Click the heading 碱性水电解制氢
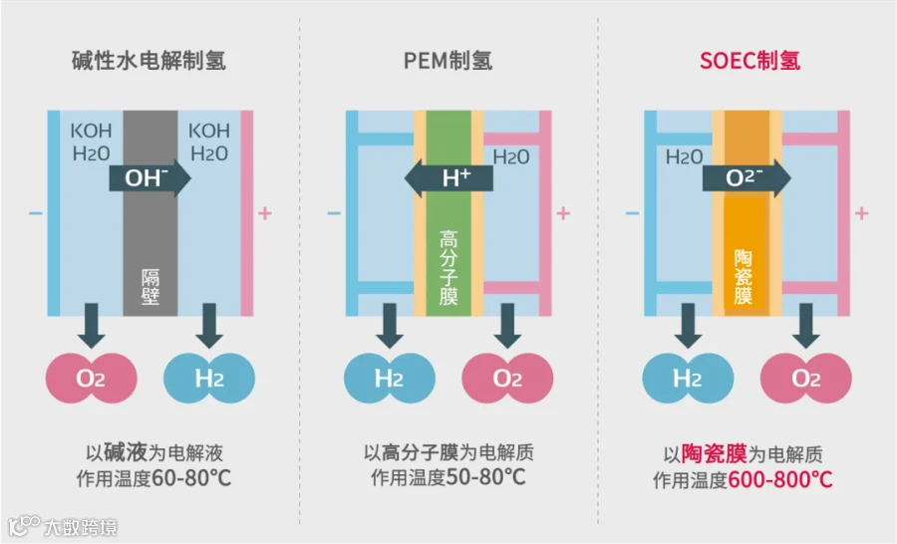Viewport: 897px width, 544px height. pos(149,60)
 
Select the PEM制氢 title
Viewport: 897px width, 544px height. pos(448,60)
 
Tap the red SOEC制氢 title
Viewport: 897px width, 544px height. pos(749,60)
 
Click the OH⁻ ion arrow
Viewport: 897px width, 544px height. pos(150,178)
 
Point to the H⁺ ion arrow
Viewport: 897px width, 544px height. pos(448,178)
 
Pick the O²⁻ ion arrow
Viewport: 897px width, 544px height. pos(747,178)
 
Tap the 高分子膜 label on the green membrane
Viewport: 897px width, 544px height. pos(448,268)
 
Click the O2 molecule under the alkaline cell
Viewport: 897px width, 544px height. pos(91,379)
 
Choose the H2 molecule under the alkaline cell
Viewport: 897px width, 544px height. pos(209,379)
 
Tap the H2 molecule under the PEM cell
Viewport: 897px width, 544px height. pos(389,379)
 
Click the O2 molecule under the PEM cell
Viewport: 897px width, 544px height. pos(507,379)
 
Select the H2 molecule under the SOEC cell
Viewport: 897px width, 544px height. pos(687,379)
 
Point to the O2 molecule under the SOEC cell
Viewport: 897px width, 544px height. pos(805,379)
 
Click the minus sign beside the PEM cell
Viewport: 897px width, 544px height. pos(334,213)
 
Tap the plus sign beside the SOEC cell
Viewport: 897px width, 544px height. pos(862,213)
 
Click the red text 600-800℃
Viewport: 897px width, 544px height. pos(780,480)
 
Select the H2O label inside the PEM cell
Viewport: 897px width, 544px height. pos(511,156)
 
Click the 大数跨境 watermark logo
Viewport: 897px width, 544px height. pos(64,526)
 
